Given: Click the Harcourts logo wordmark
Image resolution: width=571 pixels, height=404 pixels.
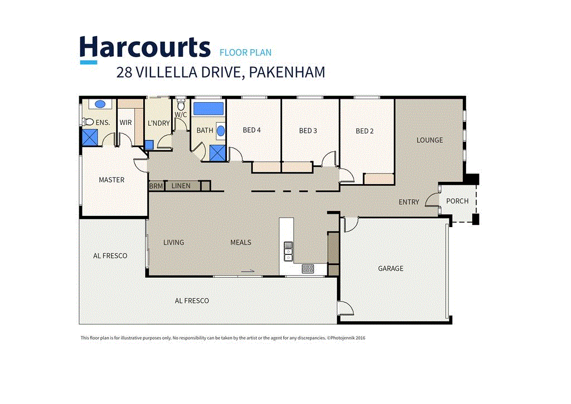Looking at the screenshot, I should click(x=144, y=47).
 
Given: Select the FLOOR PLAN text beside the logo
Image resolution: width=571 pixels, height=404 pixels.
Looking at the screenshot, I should click(x=245, y=53).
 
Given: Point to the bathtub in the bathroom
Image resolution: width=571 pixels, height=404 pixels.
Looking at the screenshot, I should click(x=208, y=108).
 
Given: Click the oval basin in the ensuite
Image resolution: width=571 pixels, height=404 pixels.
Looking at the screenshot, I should click(x=100, y=104).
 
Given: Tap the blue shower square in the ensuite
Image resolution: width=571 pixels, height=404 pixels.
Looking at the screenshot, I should click(x=90, y=137).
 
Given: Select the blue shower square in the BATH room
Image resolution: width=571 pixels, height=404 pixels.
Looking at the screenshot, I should click(x=217, y=152).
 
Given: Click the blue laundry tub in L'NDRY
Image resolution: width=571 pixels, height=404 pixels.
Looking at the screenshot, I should click(x=149, y=145).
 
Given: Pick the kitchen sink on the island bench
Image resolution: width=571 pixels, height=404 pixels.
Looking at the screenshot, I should click(x=288, y=251).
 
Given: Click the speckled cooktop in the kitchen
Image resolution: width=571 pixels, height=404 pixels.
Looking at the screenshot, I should click(x=307, y=268).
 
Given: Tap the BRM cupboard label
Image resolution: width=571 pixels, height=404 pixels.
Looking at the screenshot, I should click(x=156, y=186).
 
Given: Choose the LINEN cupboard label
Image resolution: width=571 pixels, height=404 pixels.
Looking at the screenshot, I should click(x=181, y=186).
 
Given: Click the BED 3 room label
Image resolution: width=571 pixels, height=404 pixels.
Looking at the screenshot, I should click(x=308, y=131).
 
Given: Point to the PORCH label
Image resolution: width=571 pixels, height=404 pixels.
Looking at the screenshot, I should click(x=457, y=201).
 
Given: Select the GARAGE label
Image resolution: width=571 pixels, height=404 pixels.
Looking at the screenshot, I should click(x=390, y=268).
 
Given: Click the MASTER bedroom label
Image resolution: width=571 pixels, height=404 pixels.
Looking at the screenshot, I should click(x=112, y=180).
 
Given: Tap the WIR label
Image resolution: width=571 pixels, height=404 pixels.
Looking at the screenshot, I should click(x=125, y=122).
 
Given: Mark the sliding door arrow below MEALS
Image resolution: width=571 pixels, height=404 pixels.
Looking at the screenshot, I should click(x=248, y=272).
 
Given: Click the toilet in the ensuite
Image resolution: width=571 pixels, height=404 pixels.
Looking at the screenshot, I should click(x=88, y=122).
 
